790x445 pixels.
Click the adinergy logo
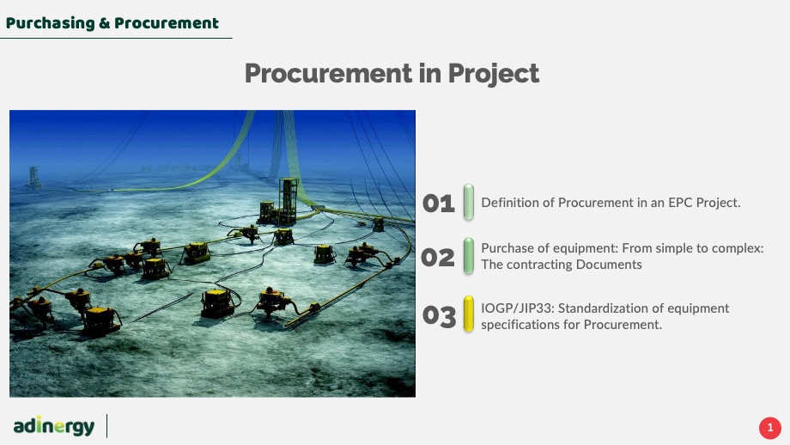54,426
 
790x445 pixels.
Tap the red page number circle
770,428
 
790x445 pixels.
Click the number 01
438,204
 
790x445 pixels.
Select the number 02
438,258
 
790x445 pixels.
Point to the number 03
439,316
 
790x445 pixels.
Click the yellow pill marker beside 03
469,314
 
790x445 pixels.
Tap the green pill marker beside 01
469,202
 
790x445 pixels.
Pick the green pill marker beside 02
469,256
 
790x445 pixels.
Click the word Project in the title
493,74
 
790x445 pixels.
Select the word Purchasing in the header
51,23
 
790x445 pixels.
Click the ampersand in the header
104,23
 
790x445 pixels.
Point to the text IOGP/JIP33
518,308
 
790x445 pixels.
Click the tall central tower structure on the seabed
288,200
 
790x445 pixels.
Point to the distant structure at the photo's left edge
33,177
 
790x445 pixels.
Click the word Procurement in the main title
328,73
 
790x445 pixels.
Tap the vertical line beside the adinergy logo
106,426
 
